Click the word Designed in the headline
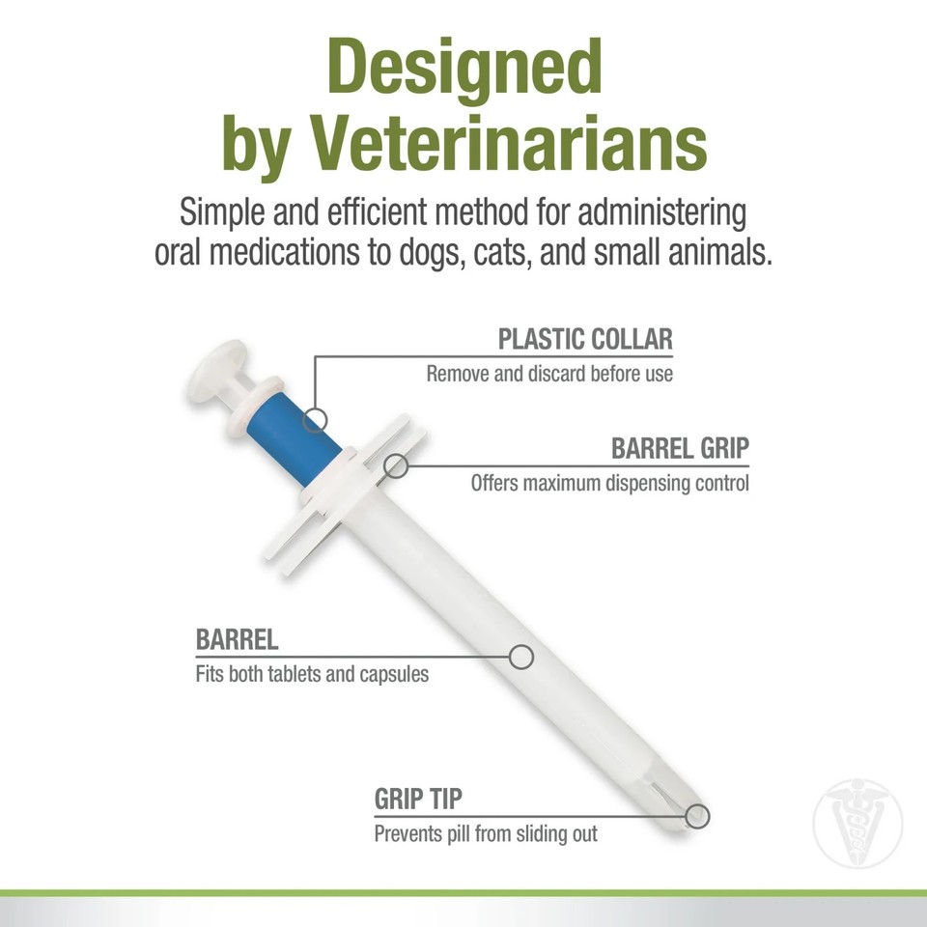pyautogui.click(x=463, y=69)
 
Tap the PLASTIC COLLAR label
pyautogui.click(x=585, y=340)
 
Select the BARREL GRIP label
pyautogui.click(x=680, y=449)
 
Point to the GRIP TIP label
pyautogui.click(x=418, y=800)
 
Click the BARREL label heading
pyautogui.click(x=238, y=640)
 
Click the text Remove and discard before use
pyautogui.click(x=549, y=373)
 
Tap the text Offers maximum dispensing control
pyautogui.click(x=609, y=482)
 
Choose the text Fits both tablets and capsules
pyautogui.click(x=312, y=673)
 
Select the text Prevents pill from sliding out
pyautogui.click(x=486, y=832)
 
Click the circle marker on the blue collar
pyautogui.click(x=315, y=420)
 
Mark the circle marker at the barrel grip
pyautogui.click(x=395, y=466)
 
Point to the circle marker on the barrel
pyautogui.click(x=521, y=657)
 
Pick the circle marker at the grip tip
pyautogui.click(x=697, y=816)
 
